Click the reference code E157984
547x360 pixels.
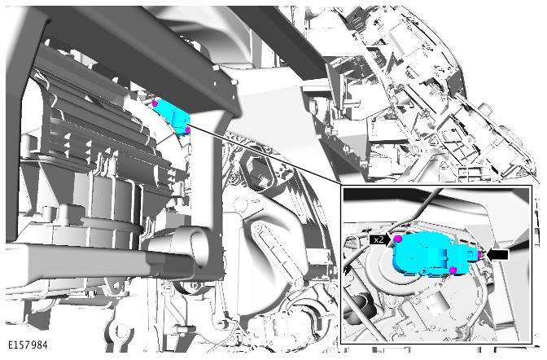[28, 345]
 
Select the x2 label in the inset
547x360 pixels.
[379, 239]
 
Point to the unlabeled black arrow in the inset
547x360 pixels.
[497, 254]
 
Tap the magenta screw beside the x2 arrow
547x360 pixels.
[397, 239]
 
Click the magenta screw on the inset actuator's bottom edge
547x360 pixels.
[453, 270]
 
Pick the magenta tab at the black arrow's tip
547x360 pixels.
[480, 255]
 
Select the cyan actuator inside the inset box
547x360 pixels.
[435, 253]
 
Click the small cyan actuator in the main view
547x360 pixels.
[173, 117]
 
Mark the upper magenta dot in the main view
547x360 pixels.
[155, 103]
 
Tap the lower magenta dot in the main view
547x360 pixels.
[188, 130]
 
